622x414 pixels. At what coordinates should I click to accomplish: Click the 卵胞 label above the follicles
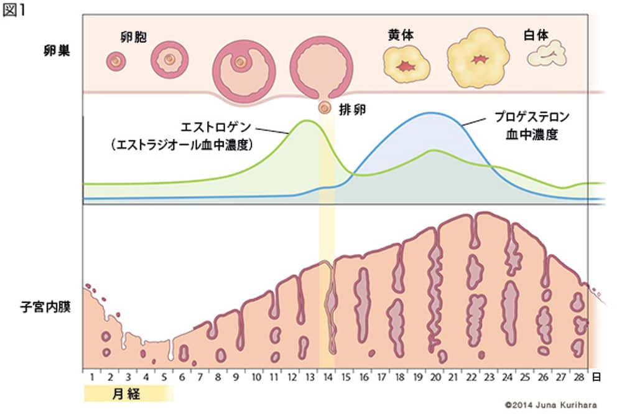click(x=132, y=36)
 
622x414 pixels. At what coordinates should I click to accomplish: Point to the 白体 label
click(x=536, y=35)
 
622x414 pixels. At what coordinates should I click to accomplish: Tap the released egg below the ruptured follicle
click(x=325, y=108)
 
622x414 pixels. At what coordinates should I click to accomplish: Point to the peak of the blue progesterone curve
click(x=430, y=113)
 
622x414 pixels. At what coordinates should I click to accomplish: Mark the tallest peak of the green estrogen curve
click(x=307, y=120)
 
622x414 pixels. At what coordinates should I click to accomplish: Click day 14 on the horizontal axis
click(x=328, y=378)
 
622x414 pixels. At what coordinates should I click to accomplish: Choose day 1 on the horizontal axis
click(x=91, y=378)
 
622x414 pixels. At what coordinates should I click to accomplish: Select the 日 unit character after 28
click(x=597, y=377)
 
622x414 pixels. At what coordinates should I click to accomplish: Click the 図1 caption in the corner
click(x=14, y=12)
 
